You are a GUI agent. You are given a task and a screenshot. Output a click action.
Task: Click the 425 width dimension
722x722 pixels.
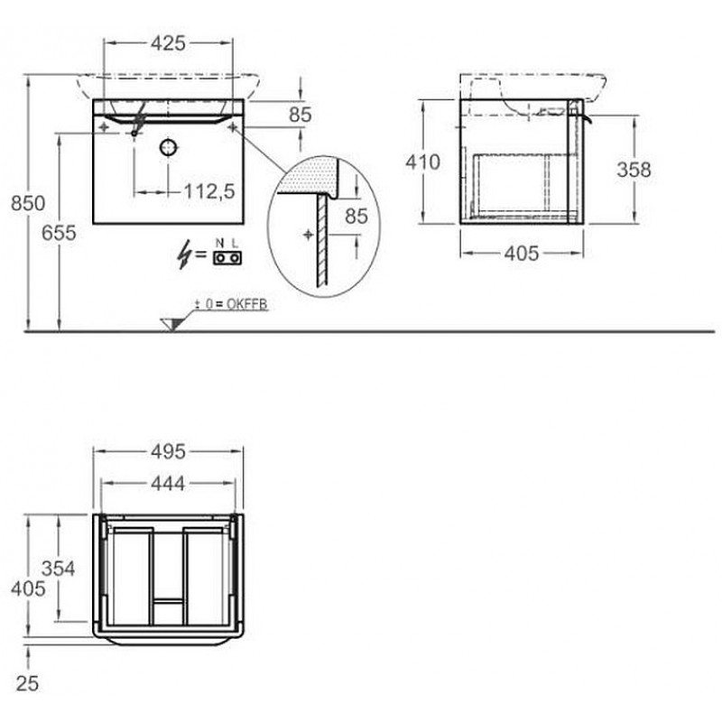pyautogui.click(x=168, y=43)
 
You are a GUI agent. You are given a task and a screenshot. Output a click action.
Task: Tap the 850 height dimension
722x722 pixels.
pyautogui.click(x=28, y=203)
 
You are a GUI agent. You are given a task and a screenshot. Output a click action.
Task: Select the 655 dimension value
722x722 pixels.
pyautogui.click(x=59, y=233)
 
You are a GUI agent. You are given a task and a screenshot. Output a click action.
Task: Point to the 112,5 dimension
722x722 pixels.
pyautogui.click(x=209, y=191)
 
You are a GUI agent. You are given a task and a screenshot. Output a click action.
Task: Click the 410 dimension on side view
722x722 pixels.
pyautogui.click(x=422, y=162)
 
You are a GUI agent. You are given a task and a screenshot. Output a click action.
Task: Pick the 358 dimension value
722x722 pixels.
pyautogui.click(x=634, y=170)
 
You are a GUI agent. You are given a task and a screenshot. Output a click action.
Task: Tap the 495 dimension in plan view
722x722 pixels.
pyautogui.click(x=168, y=452)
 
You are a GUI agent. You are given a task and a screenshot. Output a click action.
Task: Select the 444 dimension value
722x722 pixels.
pyautogui.click(x=168, y=484)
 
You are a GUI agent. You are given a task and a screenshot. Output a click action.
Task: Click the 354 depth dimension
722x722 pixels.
pyautogui.click(x=58, y=569)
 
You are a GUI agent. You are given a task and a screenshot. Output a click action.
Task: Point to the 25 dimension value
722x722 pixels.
pyautogui.click(x=27, y=684)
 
